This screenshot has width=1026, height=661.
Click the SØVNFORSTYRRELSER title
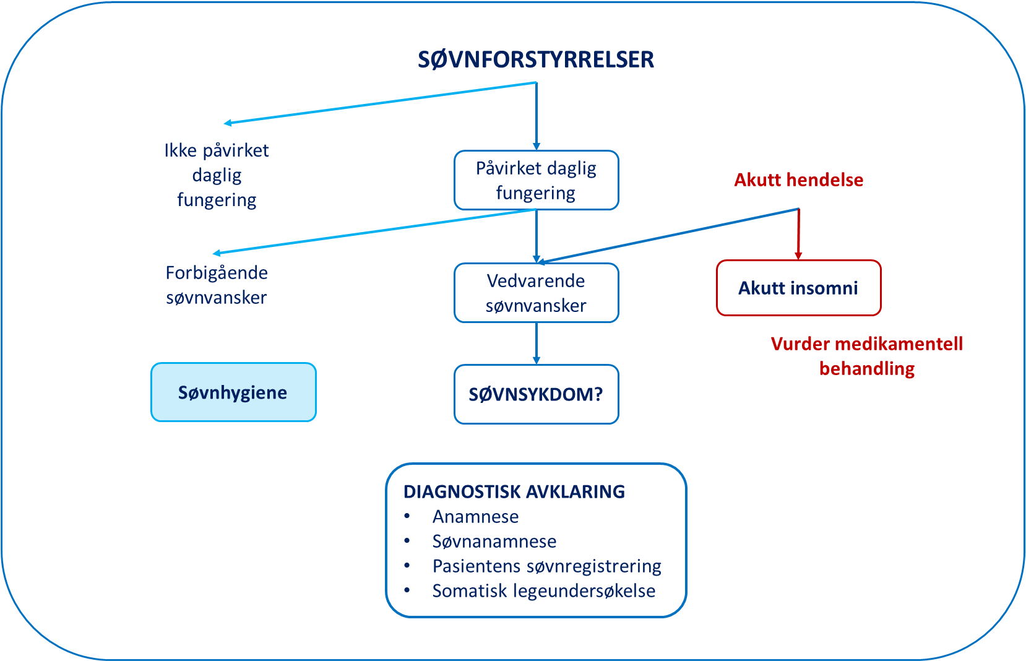(536, 59)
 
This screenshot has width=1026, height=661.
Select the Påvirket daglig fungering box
(536, 180)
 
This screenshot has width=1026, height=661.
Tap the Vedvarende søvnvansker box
(536, 293)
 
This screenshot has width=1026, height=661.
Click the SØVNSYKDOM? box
(536, 394)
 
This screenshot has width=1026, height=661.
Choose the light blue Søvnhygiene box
(233, 392)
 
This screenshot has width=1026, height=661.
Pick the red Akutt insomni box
(798, 288)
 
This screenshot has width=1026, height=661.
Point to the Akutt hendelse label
(798, 180)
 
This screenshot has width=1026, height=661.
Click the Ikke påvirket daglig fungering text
(217, 175)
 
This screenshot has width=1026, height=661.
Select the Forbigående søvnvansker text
(217, 285)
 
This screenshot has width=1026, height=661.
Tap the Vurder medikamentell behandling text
(866, 356)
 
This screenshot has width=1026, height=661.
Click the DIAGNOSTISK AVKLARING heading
(514, 492)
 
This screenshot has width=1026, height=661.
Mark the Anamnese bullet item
(475, 517)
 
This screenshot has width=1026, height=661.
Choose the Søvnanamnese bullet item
(494, 542)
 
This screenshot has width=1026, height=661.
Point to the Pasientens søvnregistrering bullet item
(546, 566)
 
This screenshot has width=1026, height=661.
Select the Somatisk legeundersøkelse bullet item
(543, 591)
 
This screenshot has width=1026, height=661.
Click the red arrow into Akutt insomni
(798, 235)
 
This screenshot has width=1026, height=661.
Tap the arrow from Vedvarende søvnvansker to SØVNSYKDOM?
(536, 343)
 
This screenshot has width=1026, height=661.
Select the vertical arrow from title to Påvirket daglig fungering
(536, 118)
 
